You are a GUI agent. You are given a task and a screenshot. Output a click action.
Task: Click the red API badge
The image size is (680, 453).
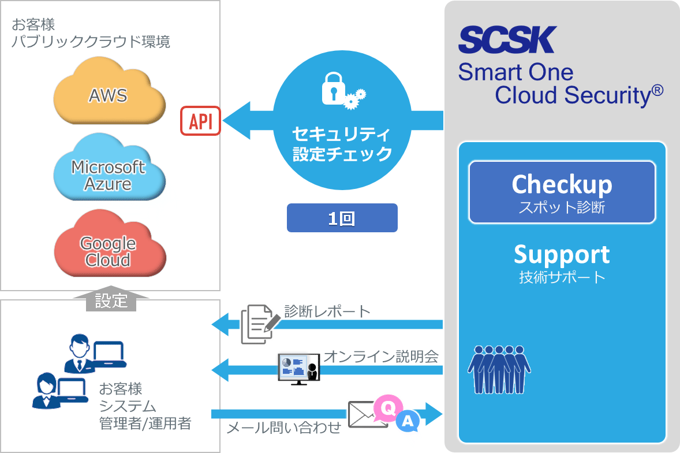pos(201,121)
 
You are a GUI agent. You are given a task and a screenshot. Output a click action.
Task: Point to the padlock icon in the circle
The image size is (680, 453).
pos(334,88)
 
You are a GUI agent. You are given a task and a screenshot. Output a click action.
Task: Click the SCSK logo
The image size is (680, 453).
pos(507,40)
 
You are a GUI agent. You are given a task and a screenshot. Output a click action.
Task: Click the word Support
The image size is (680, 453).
pos(562,255)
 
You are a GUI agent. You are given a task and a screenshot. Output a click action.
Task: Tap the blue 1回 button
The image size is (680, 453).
pos(342,218)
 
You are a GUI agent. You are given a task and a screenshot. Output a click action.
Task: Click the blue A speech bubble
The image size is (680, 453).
pos(408,421)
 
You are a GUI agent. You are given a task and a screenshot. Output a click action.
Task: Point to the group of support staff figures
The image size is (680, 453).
pos(499,369)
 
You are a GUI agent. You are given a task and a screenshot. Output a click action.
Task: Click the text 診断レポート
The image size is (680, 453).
pos(327,311)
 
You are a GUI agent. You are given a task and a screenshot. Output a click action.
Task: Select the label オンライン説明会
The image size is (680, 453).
pos(381,356)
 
